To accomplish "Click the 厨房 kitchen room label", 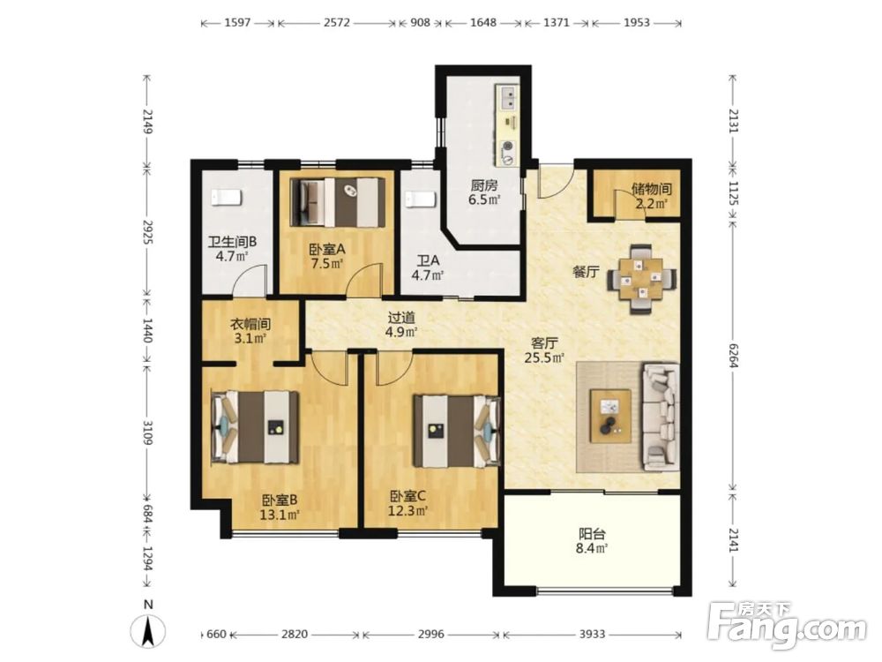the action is (484, 185).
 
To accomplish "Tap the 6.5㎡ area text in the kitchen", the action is (484, 199).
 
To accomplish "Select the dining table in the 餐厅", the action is (642, 279).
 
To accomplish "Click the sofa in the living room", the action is (661, 417).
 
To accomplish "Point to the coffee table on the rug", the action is (610, 416).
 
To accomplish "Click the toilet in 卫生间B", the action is (227, 198).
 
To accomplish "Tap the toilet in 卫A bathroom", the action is (421, 199).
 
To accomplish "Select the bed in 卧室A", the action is (338, 203).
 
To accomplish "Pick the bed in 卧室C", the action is (457, 431).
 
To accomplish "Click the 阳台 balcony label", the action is (593, 534).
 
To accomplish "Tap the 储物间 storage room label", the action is (652, 189).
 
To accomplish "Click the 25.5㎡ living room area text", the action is (544, 357).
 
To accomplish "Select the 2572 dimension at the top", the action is (337, 23).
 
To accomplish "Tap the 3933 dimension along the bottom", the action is (593, 635).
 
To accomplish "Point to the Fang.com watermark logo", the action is (787, 623).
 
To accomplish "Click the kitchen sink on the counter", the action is (508, 97).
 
